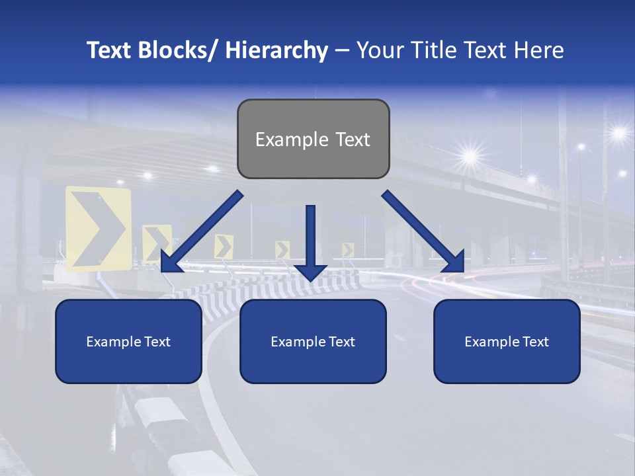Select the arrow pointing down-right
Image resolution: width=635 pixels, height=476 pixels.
tap(423, 232)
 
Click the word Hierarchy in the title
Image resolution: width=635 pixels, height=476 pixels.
tap(276, 50)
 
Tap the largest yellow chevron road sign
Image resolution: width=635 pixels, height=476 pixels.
tap(99, 228)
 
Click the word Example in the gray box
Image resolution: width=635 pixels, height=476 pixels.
tap(282, 139)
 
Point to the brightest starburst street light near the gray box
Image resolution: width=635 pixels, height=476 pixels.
tap(470, 157)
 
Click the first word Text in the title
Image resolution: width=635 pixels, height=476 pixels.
tap(110, 50)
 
